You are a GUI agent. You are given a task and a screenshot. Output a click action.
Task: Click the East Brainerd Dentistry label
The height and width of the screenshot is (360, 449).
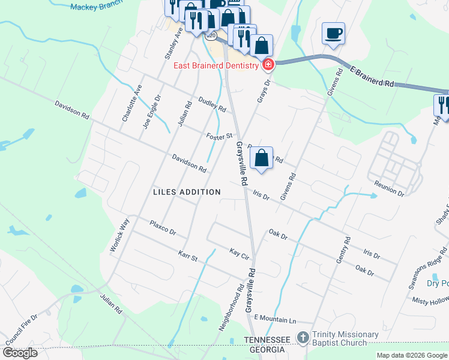(x=216, y=65)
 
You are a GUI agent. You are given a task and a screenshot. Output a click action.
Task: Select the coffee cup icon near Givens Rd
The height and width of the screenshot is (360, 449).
(x=333, y=33)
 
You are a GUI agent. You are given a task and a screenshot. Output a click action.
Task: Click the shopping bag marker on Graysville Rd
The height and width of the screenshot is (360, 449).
(x=261, y=158)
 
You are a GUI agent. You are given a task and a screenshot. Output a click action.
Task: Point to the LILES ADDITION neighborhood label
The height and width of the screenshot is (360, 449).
(x=187, y=192)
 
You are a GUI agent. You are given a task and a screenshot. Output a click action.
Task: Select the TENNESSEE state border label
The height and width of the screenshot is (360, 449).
(x=267, y=340)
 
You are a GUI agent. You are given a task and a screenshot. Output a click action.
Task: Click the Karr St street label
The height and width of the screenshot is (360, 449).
(x=187, y=257)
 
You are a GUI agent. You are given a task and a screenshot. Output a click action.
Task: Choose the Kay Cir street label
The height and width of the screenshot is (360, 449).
(x=239, y=253)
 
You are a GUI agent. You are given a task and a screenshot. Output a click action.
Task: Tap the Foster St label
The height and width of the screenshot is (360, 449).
(x=218, y=137)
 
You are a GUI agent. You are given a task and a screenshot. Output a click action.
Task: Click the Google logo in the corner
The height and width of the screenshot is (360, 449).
(x=19, y=353)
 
